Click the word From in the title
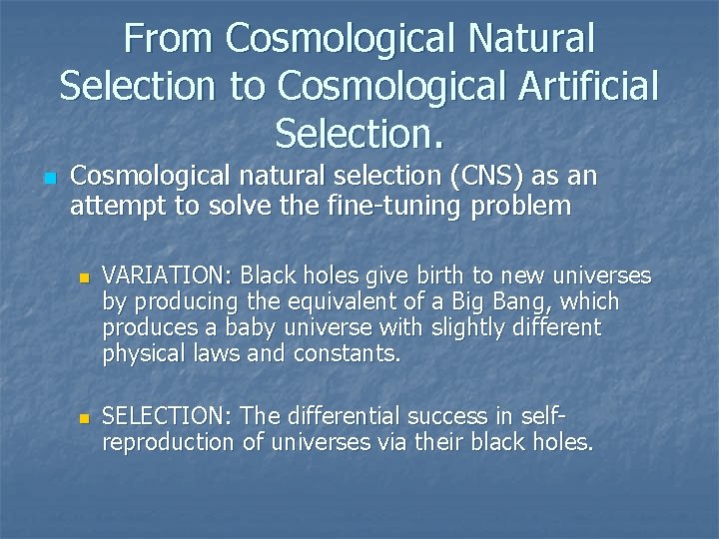170,38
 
